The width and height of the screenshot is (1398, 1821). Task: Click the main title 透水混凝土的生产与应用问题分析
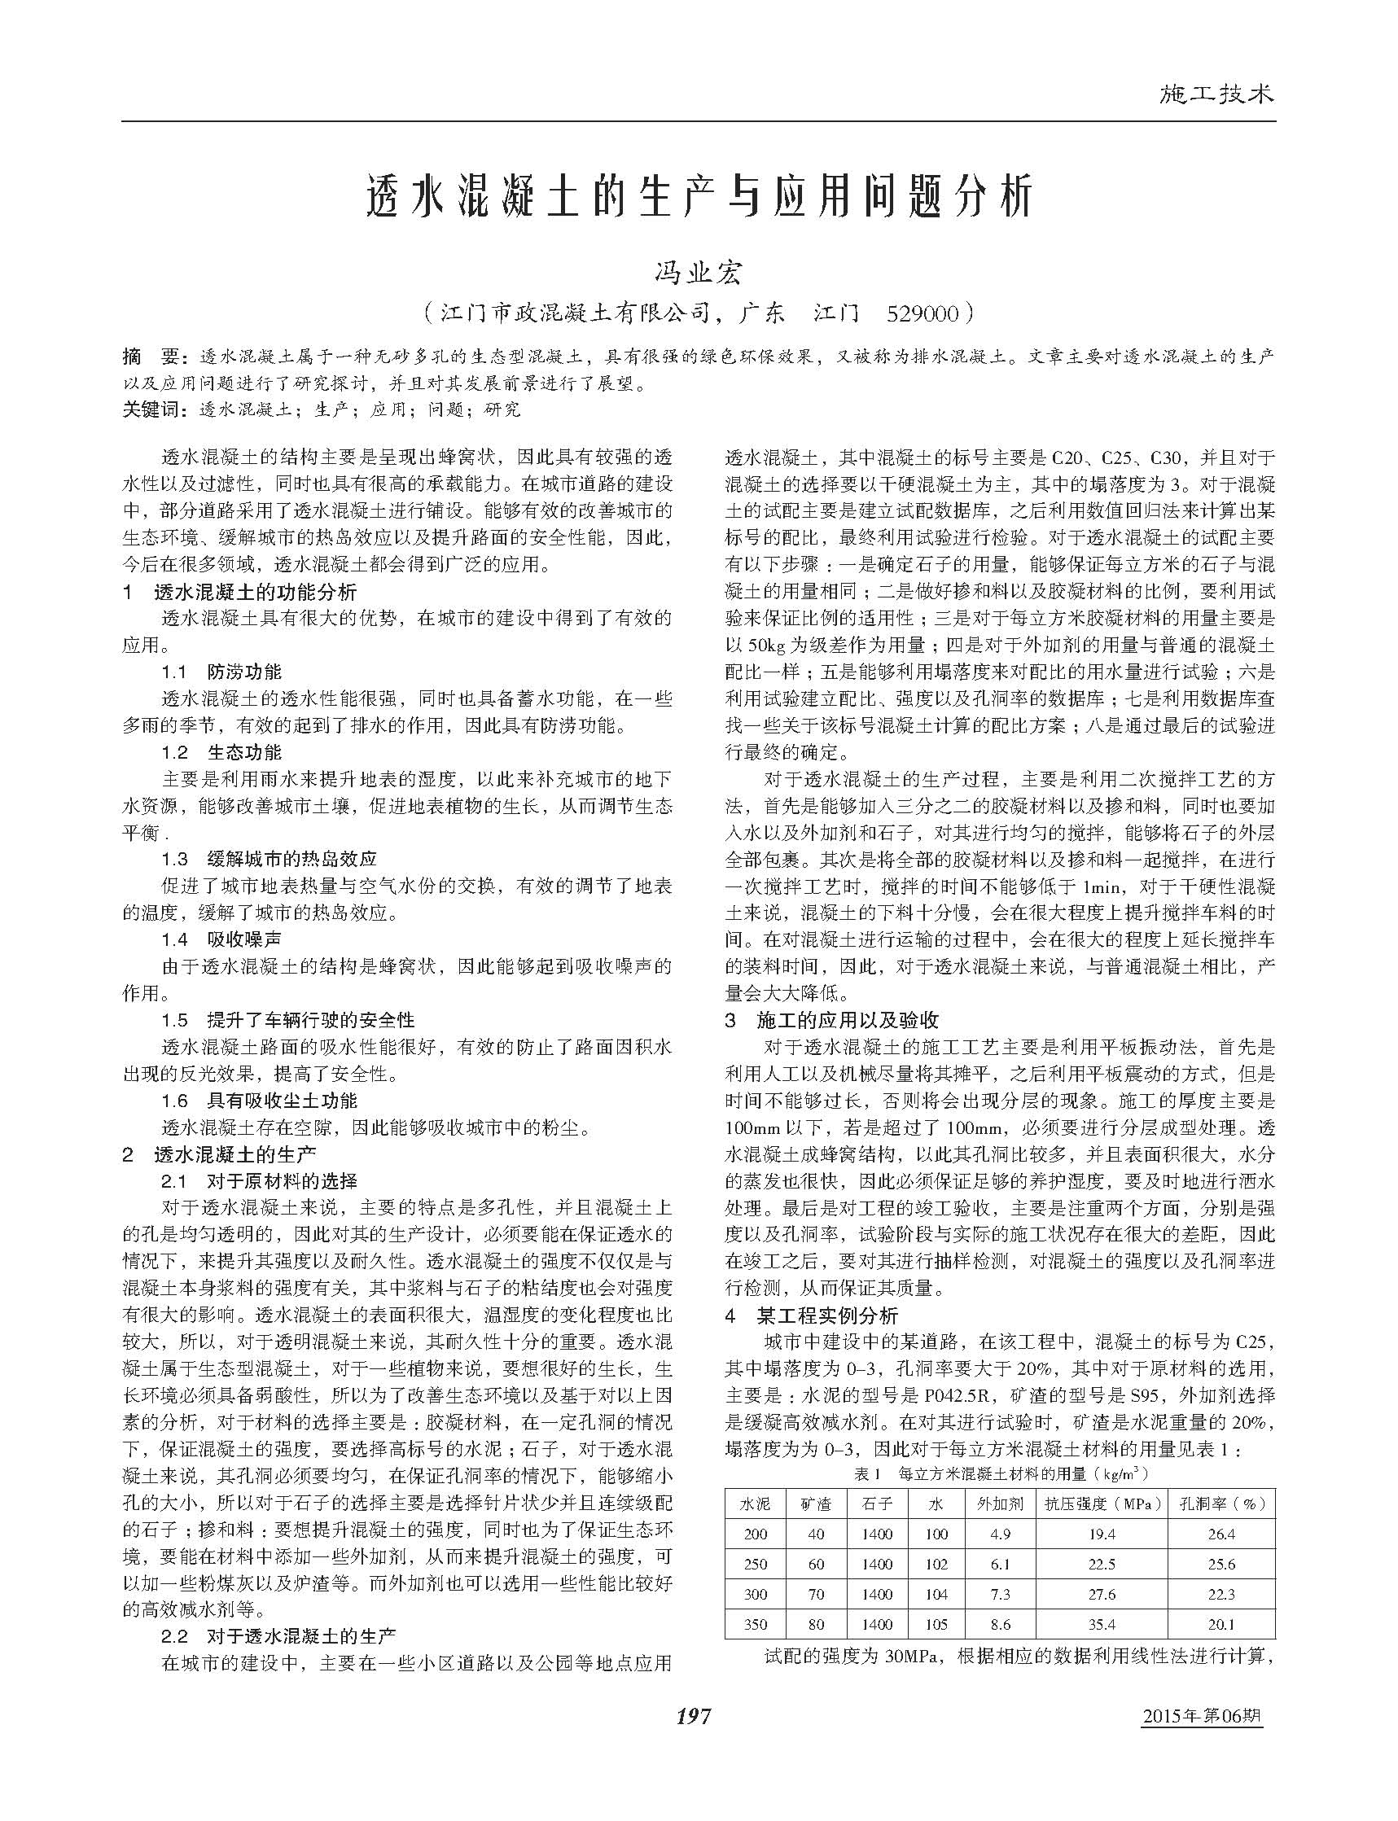pos(698,198)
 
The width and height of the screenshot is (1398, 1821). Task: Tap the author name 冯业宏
pos(698,273)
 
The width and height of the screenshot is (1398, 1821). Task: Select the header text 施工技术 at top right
pos(1216,94)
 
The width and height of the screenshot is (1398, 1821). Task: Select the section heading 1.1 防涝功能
pos(221,672)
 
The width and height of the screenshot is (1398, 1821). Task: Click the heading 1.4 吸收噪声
pos(221,939)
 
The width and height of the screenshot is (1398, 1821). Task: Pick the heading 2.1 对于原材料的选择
pos(258,1180)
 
